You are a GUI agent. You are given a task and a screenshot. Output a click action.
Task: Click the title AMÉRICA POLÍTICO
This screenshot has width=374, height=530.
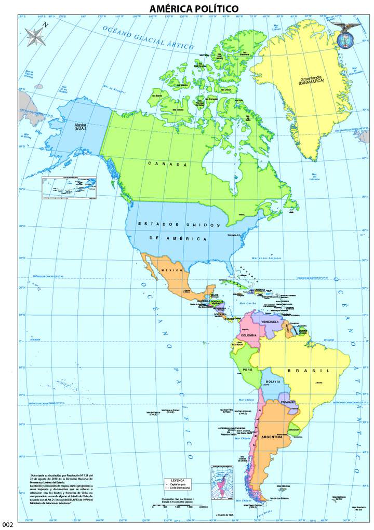pos(194,9)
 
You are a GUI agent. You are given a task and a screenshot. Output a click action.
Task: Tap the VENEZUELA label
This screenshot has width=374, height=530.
pos(270,322)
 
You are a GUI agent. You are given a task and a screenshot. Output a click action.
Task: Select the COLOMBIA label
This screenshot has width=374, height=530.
pos(249,335)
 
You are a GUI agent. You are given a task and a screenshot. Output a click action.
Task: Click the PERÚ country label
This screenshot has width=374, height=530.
pos(247,370)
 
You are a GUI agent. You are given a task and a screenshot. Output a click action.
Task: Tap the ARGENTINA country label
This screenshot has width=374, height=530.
pos(272,437)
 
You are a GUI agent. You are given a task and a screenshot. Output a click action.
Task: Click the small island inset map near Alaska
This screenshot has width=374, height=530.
pos(70,187)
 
